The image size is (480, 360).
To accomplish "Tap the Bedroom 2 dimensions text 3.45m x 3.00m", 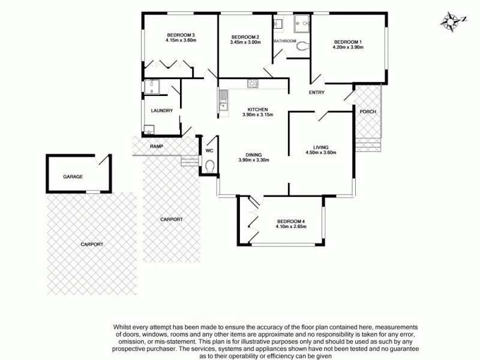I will click(245, 42).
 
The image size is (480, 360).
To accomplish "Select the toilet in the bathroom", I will click(302, 46).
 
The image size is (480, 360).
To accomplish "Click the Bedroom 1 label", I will click(349, 41).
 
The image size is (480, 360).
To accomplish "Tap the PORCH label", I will click(367, 112).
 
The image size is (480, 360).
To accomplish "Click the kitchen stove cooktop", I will click(253, 84).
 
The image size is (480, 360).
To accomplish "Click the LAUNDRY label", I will click(162, 110).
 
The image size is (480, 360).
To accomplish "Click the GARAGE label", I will click(73, 177).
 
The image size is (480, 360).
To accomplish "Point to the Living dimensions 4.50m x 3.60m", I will click(320, 152).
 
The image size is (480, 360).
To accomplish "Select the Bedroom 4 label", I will click(290, 221).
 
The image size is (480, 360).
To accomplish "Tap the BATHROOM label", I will click(285, 41).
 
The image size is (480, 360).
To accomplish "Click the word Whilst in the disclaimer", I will click(123, 326).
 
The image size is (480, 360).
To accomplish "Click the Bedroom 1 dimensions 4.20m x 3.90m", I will click(349, 47).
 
